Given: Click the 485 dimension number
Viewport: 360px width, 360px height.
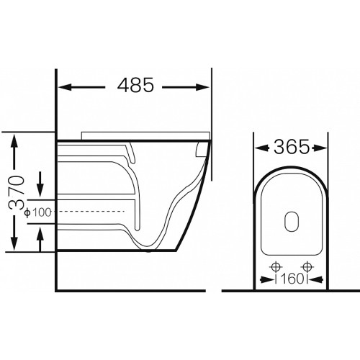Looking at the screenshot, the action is click(x=135, y=85).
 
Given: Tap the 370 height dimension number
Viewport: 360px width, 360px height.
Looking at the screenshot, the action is click(x=17, y=193).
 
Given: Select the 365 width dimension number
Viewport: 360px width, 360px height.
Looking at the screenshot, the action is click(x=292, y=147).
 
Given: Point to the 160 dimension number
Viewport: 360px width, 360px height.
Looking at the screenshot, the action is click(x=292, y=279).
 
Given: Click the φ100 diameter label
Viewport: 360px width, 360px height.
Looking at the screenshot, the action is click(x=38, y=212).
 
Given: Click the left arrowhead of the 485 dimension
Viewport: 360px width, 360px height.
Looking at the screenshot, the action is click(x=66, y=87).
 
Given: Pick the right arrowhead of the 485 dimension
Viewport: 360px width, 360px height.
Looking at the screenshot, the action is click(x=203, y=87).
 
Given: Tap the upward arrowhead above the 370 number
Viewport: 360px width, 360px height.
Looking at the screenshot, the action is click(x=15, y=141).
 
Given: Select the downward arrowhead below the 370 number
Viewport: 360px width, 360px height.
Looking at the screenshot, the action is click(x=14, y=243).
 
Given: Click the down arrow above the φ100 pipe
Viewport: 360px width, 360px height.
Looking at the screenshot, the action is click(x=40, y=184).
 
